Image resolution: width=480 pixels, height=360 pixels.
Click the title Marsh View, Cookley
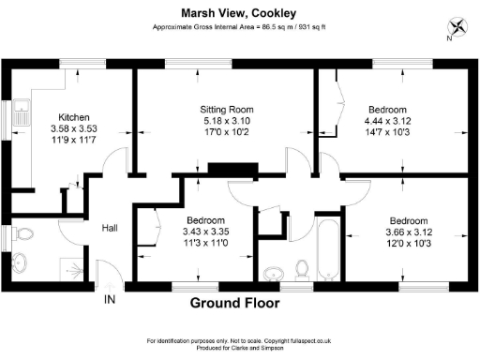pyautogui.click(x=239, y=12)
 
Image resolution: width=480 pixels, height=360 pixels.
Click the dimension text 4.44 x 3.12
pyautogui.click(x=388, y=120)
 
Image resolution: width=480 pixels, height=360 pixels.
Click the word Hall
pyautogui.click(x=110, y=227)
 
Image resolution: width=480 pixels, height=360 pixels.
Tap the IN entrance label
pyautogui.click(x=110, y=300)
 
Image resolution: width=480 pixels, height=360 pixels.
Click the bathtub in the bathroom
pyautogui.click(x=330, y=248)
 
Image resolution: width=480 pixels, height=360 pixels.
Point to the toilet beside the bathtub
pyautogui.click(x=302, y=270)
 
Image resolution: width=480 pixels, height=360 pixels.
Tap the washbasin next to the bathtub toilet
pyautogui.click(x=274, y=273)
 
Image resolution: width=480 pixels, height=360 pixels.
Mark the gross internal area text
pyautogui.click(x=239, y=27)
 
